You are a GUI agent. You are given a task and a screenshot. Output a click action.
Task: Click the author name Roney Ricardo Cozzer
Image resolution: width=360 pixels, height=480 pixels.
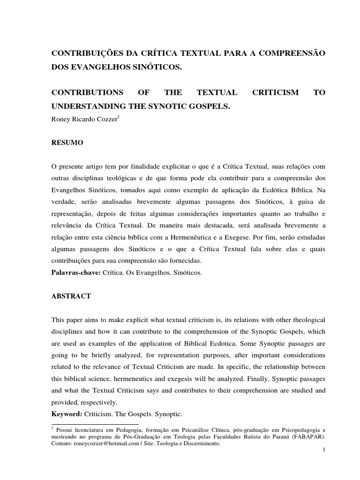click(x=84, y=119)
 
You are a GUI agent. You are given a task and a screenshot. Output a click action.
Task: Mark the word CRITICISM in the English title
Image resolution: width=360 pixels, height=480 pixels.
click(x=275, y=93)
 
